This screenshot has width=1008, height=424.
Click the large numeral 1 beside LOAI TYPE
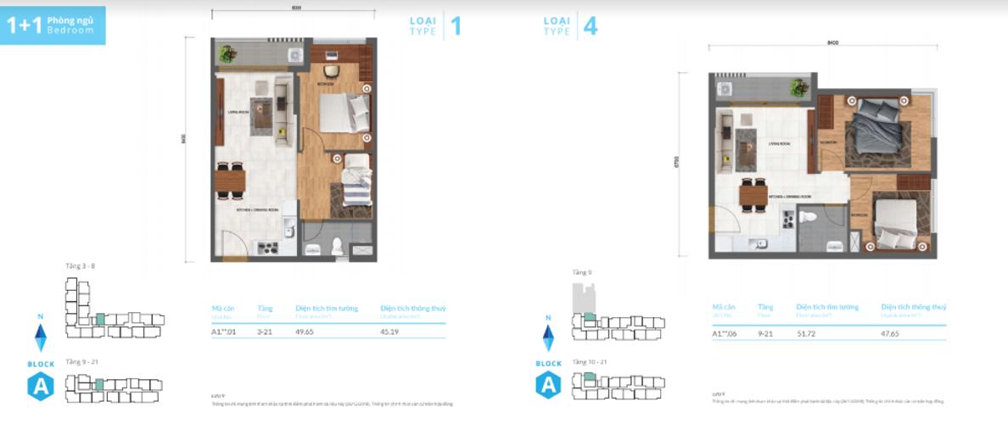(456, 26)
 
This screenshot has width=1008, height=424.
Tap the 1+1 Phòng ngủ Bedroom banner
(53, 25)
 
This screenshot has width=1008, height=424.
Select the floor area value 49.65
(306, 332)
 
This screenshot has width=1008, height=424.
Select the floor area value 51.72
(807, 334)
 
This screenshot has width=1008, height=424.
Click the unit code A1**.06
(725, 334)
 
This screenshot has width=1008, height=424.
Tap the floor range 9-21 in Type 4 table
(766, 334)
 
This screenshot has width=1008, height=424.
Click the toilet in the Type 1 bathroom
(338, 247)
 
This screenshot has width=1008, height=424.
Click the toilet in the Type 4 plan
(809, 219)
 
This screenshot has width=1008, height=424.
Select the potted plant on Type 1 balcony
(227, 54)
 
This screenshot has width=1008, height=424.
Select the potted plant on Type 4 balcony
(798, 86)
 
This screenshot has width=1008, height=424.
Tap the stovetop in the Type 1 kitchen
(267, 248)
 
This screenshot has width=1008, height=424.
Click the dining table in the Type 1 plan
(229, 181)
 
